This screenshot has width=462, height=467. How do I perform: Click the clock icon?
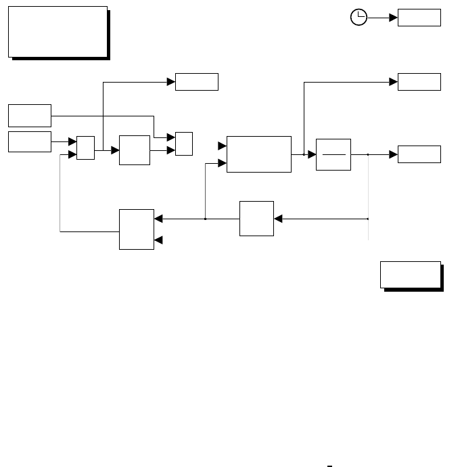(359, 18)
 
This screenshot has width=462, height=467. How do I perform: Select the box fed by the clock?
(419, 18)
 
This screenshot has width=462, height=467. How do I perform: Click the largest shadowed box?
(57, 31)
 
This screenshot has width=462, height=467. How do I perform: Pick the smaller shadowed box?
(411, 274)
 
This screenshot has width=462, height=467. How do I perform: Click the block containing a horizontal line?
(333, 154)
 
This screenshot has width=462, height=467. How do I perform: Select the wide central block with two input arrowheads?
(259, 154)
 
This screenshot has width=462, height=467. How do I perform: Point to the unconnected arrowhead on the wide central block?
(222, 146)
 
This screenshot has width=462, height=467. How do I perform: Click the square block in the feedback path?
(256, 219)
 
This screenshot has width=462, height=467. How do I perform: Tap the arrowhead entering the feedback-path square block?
(277, 219)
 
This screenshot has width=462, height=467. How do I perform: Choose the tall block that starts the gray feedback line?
(137, 229)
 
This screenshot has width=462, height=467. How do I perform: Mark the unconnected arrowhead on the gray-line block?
(158, 240)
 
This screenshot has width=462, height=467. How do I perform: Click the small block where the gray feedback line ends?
(85, 148)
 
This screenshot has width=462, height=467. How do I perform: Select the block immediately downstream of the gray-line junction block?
(134, 150)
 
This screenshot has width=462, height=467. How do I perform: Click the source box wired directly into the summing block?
(30, 142)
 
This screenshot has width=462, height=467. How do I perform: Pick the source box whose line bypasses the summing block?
(30, 116)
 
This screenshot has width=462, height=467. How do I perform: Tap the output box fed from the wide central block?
(419, 82)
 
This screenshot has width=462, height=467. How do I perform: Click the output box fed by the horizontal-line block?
(419, 154)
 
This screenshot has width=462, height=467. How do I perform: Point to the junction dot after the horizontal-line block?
(368, 154)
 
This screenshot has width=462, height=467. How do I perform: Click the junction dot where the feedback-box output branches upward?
(205, 219)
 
